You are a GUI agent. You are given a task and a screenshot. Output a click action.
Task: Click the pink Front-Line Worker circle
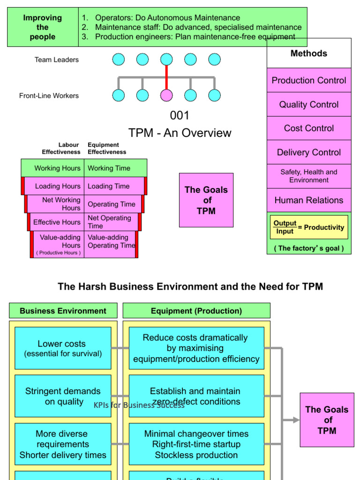[166, 95]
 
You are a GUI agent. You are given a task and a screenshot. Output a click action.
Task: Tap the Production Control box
[309, 80]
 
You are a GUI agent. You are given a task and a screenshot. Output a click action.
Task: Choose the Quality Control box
[309, 105]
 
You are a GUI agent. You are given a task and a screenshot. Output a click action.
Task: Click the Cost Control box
[309, 128]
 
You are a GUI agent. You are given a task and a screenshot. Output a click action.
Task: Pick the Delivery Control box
[309, 152]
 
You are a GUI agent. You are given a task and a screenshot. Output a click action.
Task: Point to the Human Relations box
[309, 200]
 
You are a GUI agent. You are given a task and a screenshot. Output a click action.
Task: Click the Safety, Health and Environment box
[309, 176]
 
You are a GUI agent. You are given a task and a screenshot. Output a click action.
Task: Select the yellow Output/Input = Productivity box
[309, 227]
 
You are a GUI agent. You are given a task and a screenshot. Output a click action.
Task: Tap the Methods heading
[309, 53]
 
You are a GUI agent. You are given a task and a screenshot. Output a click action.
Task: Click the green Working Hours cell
[52, 168]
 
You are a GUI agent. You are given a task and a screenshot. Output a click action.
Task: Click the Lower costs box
[63, 348]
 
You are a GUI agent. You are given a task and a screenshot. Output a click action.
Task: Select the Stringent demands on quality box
[63, 396]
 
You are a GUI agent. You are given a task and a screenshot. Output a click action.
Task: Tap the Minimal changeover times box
[196, 444]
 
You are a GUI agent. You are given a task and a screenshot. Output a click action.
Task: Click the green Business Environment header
[63, 311]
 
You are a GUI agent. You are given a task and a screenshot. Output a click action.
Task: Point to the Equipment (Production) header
[196, 311]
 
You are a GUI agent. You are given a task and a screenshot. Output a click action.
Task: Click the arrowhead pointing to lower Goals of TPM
[296, 420]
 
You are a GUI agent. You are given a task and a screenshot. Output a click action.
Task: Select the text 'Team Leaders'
[57, 60]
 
